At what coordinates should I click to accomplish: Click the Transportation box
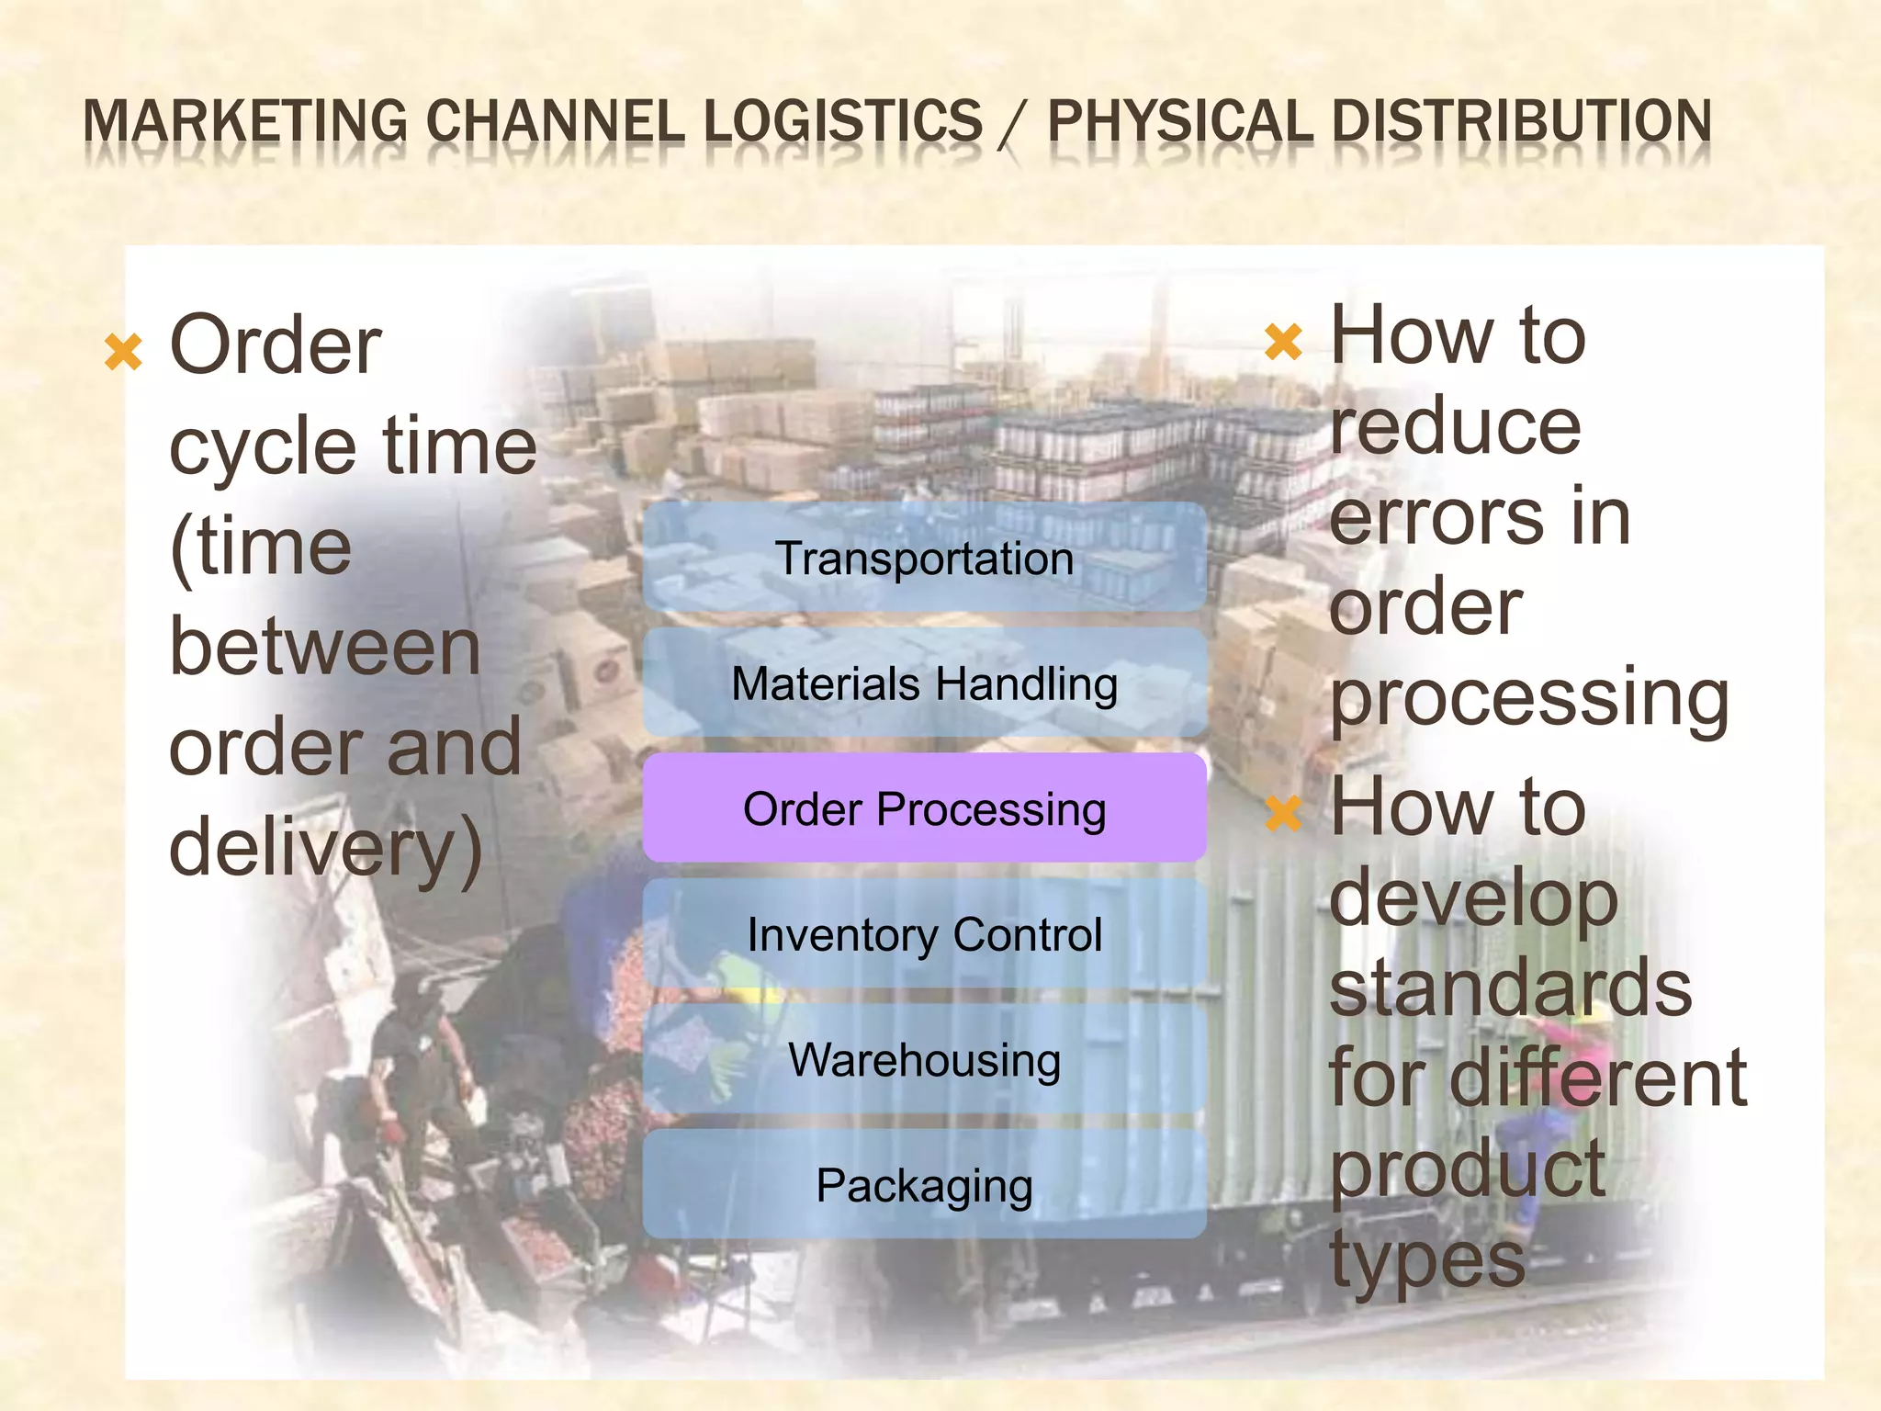coord(924,558)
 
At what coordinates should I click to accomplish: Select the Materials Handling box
coord(924,683)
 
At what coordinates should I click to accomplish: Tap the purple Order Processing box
coord(924,808)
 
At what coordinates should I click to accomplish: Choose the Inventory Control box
coord(924,934)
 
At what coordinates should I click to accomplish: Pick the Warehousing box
coord(924,1059)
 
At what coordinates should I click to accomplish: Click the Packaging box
coord(924,1185)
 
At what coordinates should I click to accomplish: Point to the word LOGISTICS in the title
coord(843,122)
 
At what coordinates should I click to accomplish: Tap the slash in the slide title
coord(1014,124)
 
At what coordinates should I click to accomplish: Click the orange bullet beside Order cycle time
coord(123,353)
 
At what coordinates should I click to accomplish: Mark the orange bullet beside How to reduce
coord(1283,342)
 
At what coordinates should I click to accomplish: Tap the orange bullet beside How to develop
coord(1283,813)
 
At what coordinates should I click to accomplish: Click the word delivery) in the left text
coord(326,847)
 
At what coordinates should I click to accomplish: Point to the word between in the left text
coord(325,647)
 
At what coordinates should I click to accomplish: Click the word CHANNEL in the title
coord(555,122)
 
